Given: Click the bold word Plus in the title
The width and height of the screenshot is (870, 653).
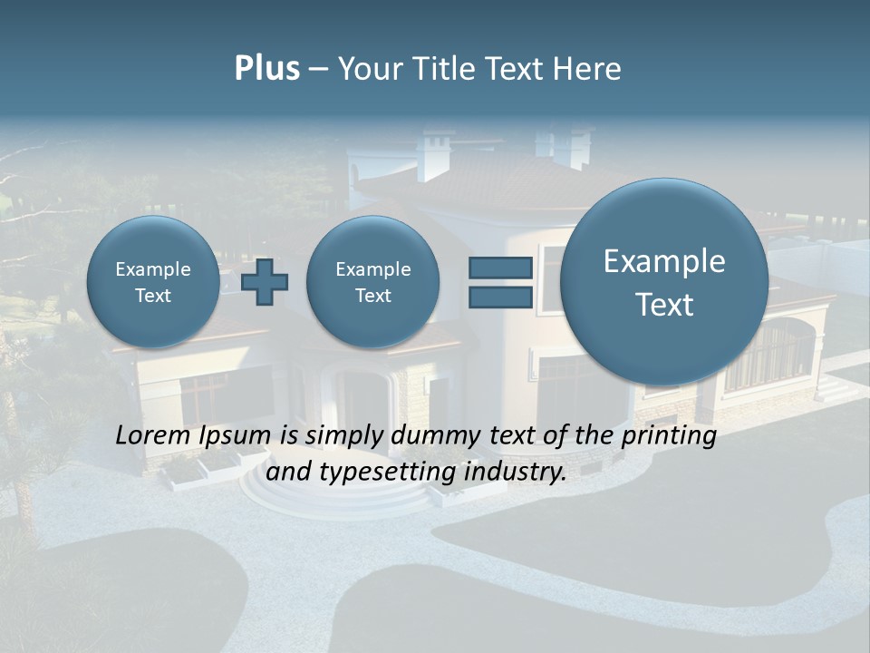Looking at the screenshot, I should pyautogui.click(x=266, y=69).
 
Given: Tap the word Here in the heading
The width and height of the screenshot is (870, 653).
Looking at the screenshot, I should pyautogui.click(x=586, y=69).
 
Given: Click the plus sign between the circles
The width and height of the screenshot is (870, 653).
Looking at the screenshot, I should pyautogui.click(x=265, y=282).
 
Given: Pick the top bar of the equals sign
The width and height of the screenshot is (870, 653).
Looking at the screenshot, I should pyautogui.click(x=500, y=268).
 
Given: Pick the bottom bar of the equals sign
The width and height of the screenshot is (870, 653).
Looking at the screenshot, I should pyautogui.click(x=500, y=297).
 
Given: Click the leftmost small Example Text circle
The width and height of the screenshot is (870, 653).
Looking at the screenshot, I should pyautogui.click(x=152, y=282).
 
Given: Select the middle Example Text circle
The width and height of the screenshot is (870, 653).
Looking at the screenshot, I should pyautogui.click(x=372, y=282).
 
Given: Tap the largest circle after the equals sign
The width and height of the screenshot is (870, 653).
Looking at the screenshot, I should pyautogui.click(x=664, y=282).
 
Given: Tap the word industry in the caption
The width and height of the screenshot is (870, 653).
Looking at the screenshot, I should pyautogui.click(x=515, y=473).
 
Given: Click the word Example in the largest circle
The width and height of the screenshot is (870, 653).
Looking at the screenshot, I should pyautogui.click(x=664, y=261).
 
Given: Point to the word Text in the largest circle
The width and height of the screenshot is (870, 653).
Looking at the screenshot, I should pyautogui.click(x=664, y=305).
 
